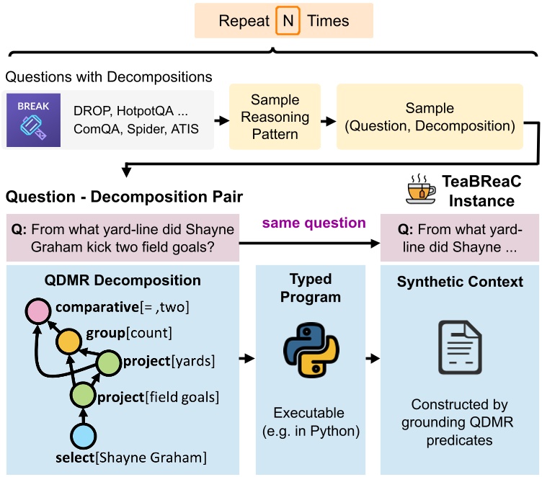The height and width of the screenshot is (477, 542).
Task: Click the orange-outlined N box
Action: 288,21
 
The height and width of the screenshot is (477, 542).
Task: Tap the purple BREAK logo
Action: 34,120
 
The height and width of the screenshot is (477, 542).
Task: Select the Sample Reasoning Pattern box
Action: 275,117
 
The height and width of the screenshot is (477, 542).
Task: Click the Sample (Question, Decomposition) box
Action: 430,117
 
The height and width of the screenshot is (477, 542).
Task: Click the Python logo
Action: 311,349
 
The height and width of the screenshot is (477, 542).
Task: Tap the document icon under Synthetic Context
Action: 460,347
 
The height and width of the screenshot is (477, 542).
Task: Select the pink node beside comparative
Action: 38,311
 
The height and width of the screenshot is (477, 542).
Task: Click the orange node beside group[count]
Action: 68,342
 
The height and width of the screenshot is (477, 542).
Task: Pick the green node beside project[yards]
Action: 109,362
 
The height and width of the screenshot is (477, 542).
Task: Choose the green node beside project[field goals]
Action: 83,395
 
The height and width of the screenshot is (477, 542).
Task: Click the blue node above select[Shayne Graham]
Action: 84,435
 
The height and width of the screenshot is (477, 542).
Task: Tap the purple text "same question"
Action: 314,223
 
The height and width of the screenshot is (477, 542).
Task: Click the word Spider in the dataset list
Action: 141,129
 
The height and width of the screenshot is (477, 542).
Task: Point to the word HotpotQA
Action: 145,111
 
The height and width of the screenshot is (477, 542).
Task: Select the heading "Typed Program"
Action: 311,288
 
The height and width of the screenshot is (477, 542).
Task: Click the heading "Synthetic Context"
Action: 460,282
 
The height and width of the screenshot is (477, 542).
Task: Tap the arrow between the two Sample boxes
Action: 329,121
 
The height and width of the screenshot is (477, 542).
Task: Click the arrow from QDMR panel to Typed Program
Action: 246,358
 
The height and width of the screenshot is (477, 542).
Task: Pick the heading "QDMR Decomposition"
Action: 123,280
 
